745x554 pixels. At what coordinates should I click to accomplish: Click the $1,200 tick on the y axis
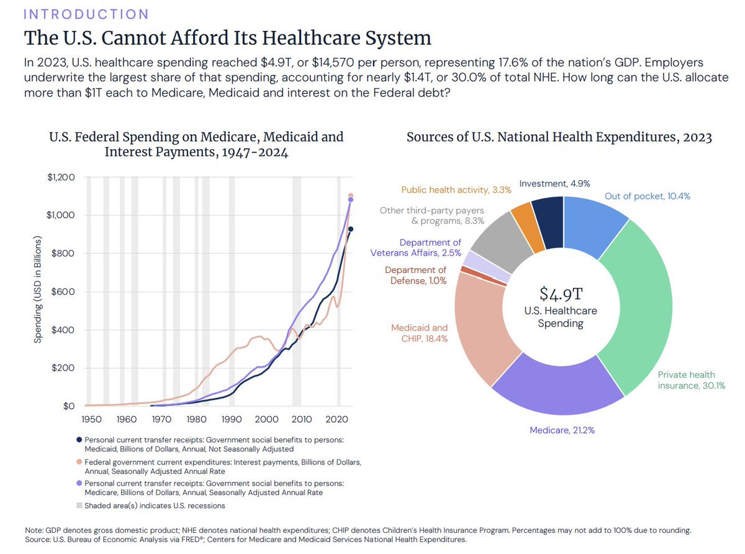(60, 177)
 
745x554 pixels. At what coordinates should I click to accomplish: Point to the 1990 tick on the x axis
(232, 419)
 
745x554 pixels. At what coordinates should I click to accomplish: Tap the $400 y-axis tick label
(63, 330)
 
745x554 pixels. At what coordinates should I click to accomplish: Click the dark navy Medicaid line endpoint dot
(351, 229)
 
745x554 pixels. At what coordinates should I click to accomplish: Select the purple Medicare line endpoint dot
(351, 200)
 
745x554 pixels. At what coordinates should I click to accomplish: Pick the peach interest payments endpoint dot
(351, 196)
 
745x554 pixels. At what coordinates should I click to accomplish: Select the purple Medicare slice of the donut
(559, 392)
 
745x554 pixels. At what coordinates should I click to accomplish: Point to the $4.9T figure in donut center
(561, 293)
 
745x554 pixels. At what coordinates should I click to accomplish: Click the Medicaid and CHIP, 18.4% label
(419, 333)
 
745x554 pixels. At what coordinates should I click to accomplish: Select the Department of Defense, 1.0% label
(415, 275)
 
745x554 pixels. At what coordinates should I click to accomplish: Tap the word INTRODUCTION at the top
(86, 14)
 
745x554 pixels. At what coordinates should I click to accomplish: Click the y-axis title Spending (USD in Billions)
(38, 290)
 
